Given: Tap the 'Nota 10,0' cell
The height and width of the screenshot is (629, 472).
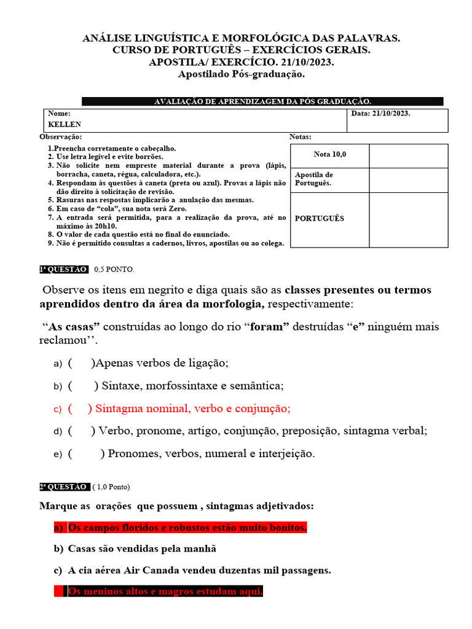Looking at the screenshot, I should click(329, 155).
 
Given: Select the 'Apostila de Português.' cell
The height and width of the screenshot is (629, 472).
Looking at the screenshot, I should click(314, 179).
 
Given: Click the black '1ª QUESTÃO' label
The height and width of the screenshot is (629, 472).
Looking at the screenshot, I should click(63, 269).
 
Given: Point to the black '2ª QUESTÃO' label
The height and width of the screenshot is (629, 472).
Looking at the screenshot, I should click(63, 486).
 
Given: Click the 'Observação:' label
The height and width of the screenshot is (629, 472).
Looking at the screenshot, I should click(60, 137).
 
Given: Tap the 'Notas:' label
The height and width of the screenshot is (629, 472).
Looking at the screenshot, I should click(300, 137).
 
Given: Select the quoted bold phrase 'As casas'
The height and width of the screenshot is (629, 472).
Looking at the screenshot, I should click(74, 327).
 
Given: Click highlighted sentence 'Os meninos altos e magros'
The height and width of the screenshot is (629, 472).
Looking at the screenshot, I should click(165, 592).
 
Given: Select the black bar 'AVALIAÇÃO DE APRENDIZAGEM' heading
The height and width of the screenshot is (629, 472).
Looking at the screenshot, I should click(262, 101).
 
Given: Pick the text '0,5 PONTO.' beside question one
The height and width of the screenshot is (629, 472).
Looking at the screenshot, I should click(114, 269).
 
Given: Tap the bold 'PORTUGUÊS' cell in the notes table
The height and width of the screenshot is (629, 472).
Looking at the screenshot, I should click(320, 219).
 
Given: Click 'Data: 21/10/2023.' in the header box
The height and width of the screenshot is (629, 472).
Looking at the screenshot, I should click(381, 114).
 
